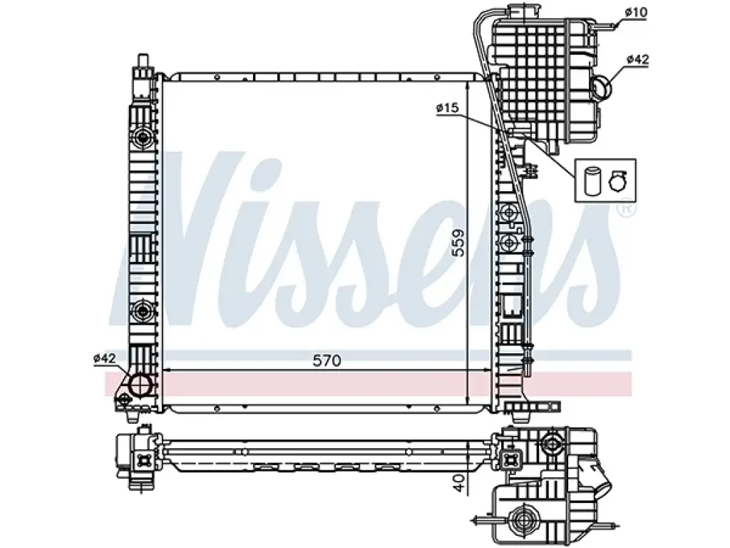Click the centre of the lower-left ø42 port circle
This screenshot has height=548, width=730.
pos(140,385)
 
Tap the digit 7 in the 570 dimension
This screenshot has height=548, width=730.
pos(327,360)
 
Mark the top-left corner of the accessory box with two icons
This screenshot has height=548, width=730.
pos(575,159)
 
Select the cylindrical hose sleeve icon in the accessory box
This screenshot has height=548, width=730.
pos(592,181)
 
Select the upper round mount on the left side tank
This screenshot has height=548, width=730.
pos(142,137)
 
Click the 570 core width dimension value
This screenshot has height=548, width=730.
pos(327,360)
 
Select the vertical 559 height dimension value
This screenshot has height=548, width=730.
pos(459,243)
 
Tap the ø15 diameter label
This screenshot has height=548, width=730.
pos(448,108)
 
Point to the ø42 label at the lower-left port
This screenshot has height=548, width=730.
pos(105,358)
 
